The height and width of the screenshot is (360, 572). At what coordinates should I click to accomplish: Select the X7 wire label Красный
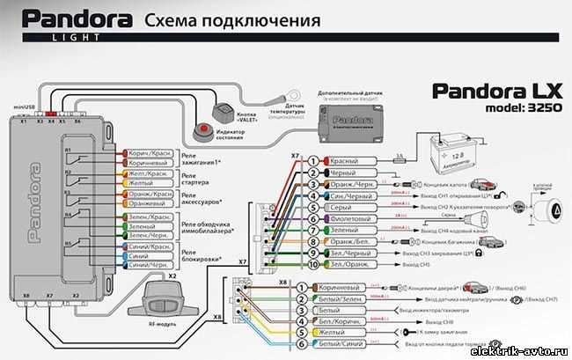(342, 161)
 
